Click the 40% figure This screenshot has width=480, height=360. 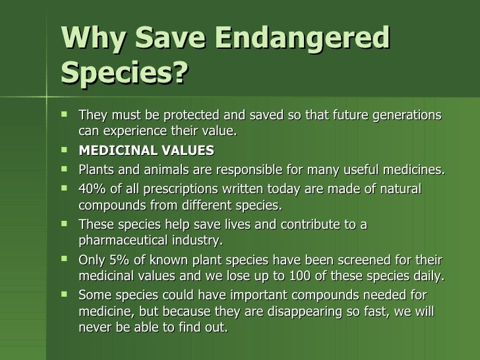92,189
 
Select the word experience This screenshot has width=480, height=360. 133,131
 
